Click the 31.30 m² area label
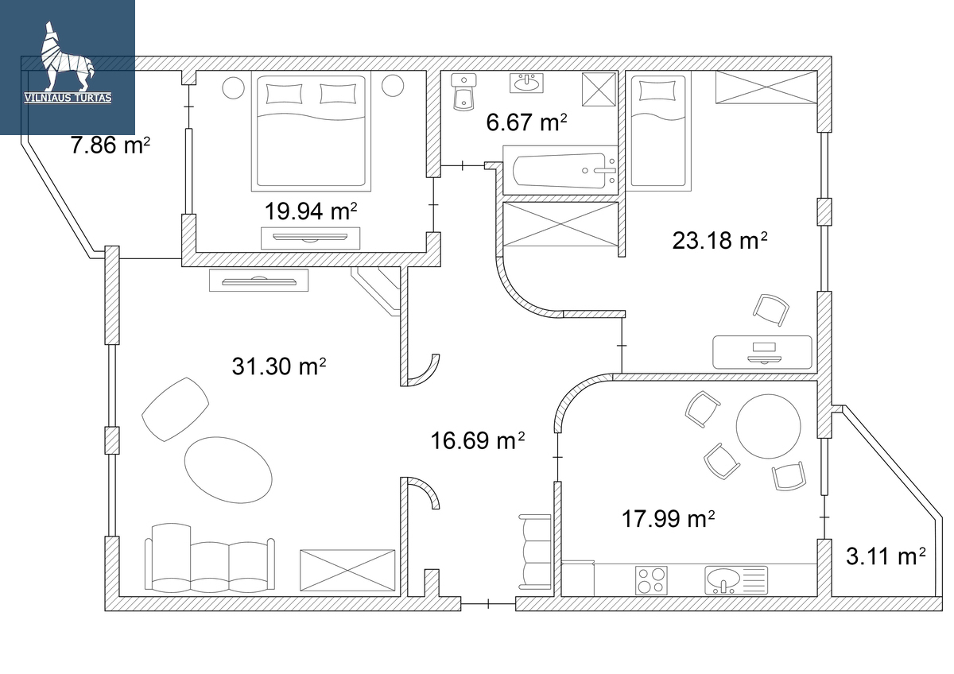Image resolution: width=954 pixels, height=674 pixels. point(279,366)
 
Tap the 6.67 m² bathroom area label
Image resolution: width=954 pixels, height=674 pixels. point(526,122)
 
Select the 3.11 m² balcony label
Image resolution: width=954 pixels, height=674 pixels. point(886,556)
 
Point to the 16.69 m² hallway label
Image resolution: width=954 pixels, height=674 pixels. point(478,440)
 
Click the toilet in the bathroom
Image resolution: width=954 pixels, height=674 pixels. point(463,92)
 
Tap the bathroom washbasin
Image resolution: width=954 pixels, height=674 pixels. point(527,83)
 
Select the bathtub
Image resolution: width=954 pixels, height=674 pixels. point(560,170)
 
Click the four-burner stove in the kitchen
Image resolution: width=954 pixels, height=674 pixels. point(651,580)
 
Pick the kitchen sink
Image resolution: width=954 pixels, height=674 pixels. point(736,580)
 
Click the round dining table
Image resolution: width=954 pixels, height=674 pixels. point(768,426)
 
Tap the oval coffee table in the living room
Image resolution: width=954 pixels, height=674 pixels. point(228,470)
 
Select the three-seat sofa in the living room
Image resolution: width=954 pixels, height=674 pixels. point(210,558)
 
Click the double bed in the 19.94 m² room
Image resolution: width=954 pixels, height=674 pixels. point(311,131)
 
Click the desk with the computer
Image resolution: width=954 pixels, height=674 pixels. point(762,352)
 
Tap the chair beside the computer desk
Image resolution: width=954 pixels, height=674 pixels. point(771,310)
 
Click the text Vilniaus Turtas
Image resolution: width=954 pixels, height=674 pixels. point(68,99)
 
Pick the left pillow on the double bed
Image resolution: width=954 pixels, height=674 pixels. point(284,94)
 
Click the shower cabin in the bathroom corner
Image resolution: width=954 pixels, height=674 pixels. point(599,89)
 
